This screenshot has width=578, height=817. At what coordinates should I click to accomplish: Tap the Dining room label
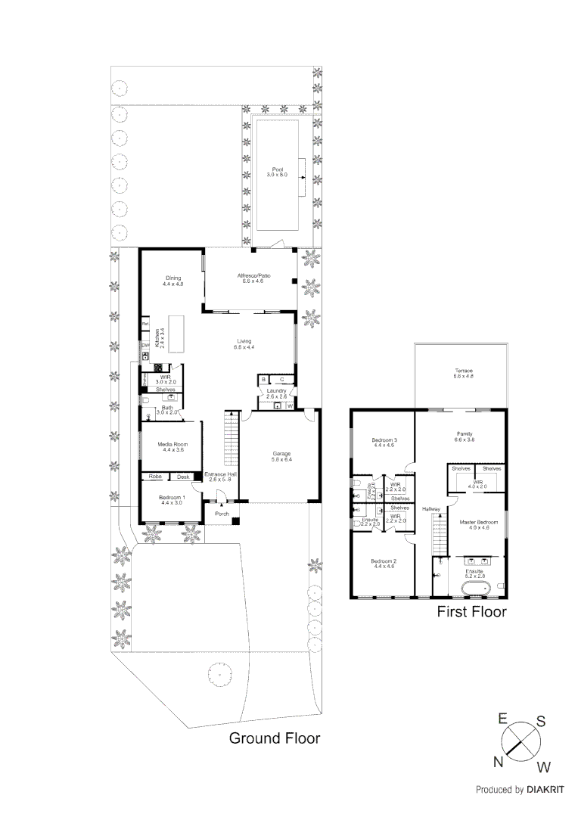point(172,278)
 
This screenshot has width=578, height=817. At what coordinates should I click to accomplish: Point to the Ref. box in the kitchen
point(144,325)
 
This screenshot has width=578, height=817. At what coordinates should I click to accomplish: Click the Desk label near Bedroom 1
point(183,477)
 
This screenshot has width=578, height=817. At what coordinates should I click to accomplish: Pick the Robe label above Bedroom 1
point(155,477)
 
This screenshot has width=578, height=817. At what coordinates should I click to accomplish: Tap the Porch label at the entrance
point(222,514)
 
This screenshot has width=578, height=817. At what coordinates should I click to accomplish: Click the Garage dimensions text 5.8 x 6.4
point(281,459)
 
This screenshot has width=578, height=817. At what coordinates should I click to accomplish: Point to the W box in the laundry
point(290,405)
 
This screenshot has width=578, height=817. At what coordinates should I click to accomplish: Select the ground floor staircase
point(230,440)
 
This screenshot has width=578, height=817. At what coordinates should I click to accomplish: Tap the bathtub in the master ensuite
point(477,587)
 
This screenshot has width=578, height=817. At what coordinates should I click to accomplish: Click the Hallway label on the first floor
point(431,509)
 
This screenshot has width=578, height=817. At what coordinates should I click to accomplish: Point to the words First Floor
point(471,611)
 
